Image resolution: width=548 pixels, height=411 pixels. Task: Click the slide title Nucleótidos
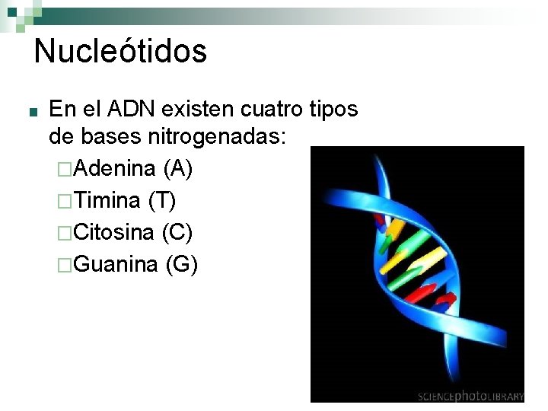pos(120,52)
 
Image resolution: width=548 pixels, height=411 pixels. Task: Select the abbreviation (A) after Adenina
pos(178,167)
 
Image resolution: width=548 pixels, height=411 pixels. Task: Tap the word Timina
pos(109,200)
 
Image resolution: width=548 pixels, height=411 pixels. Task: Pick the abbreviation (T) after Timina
pos(162,200)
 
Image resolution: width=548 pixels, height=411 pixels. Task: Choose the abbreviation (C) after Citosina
pos(177,232)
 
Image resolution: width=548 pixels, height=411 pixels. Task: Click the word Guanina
pos(116,264)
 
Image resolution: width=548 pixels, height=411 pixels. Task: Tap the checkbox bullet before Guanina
pos(65,265)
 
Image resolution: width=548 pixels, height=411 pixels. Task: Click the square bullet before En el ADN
pos(27,112)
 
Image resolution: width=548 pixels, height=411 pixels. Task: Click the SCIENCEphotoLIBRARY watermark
pos(470,396)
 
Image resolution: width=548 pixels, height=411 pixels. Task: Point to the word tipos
pos(333,110)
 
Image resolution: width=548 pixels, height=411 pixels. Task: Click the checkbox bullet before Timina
pos(65,201)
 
